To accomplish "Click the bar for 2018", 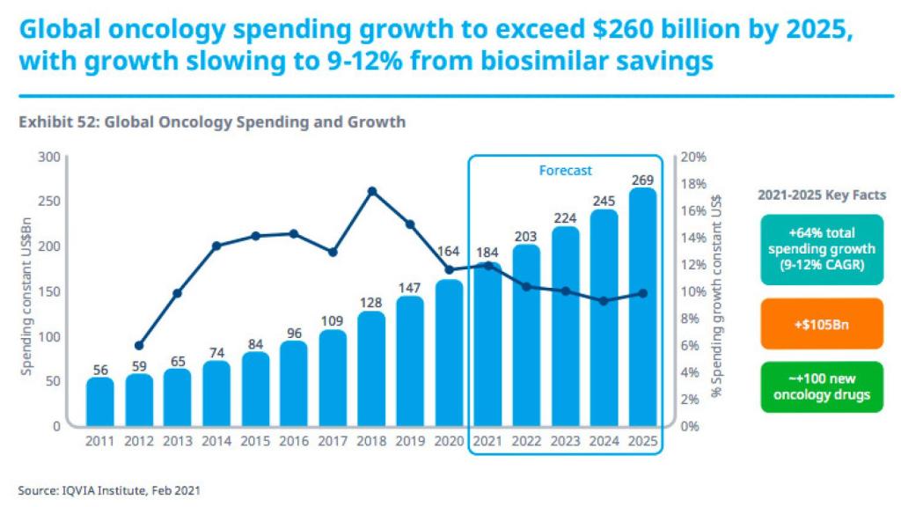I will (371, 370).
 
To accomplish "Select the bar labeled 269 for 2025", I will (643, 308).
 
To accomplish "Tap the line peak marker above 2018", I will (371, 191).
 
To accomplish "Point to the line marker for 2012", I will (138, 346).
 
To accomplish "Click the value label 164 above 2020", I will (450, 252).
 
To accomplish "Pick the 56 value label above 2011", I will (99, 369).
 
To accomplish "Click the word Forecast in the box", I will (565, 171).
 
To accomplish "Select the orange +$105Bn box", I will (822, 323).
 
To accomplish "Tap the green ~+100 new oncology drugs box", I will (822, 387).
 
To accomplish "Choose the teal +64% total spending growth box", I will (822, 252).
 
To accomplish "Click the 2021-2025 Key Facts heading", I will (822, 195).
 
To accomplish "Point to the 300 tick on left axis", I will (49, 158).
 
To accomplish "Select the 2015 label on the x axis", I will (255, 440).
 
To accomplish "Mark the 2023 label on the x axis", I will (566, 440).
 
